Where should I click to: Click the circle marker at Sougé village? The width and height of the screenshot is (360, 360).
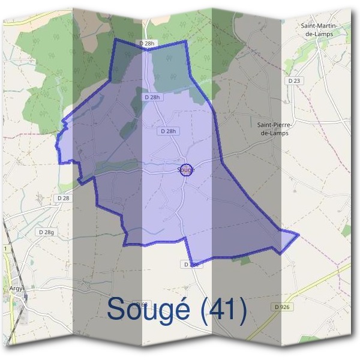point(186,170)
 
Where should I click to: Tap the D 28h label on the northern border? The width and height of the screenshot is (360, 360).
point(146,43)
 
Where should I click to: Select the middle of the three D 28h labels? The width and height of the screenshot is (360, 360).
point(153,97)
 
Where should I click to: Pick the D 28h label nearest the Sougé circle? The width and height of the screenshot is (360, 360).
point(169,131)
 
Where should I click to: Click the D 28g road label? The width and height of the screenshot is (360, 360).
point(46,232)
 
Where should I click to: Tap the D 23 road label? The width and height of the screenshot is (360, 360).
point(293,80)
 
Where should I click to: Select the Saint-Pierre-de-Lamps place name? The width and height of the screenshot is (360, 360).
point(273,129)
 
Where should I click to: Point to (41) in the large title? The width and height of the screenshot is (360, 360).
point(223,310)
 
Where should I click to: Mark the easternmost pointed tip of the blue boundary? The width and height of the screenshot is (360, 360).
point(298,234)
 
